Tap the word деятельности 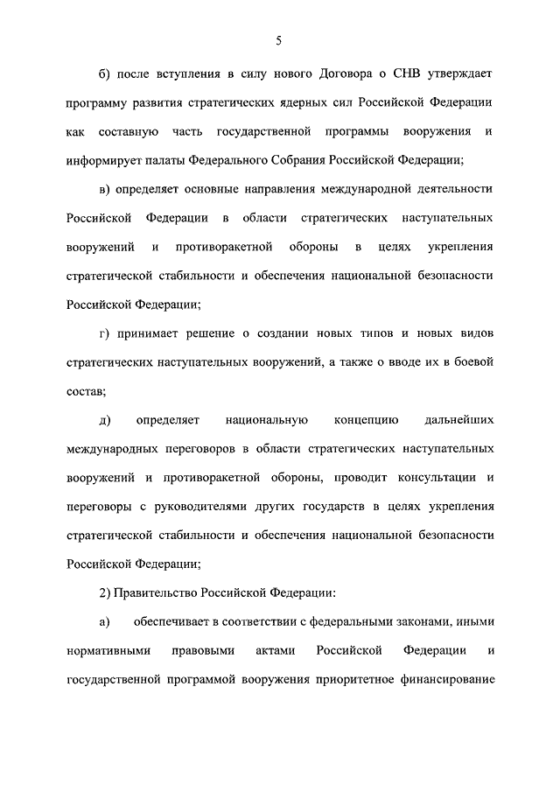click(451, 190)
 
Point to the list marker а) click(104, 620)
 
